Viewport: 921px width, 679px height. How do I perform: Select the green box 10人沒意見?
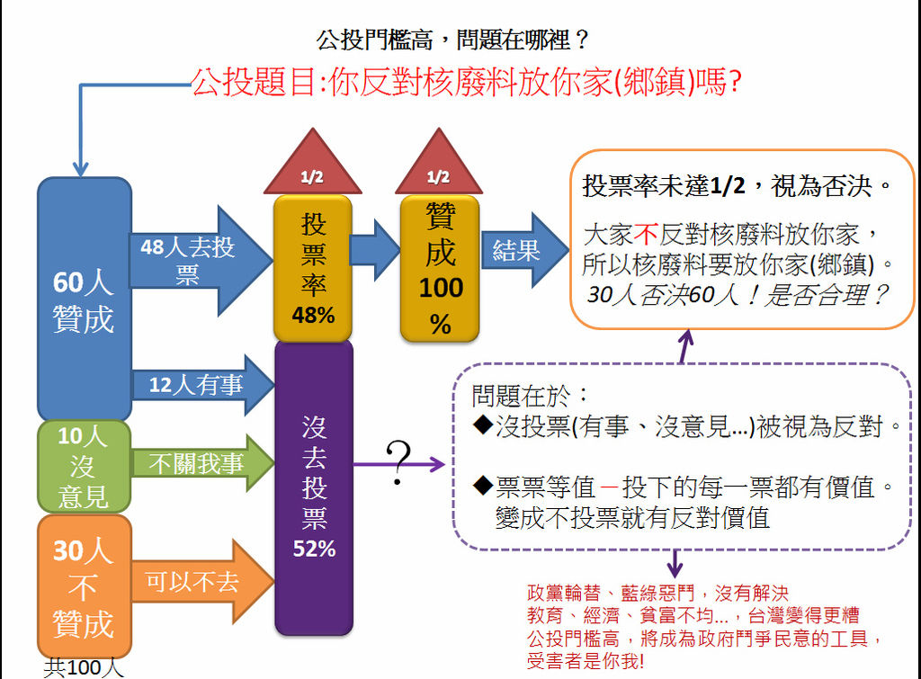pos(84,466)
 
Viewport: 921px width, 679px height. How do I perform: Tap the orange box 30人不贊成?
pos(84,585)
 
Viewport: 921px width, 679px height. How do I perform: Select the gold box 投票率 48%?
pos(313,267)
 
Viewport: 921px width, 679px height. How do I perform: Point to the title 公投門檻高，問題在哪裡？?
pos(453,40)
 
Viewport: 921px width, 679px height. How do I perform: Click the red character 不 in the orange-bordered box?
pos(647,236)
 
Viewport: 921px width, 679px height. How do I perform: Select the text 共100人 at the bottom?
pos(83,668)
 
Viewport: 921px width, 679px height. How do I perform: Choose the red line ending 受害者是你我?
pos(586,662)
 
